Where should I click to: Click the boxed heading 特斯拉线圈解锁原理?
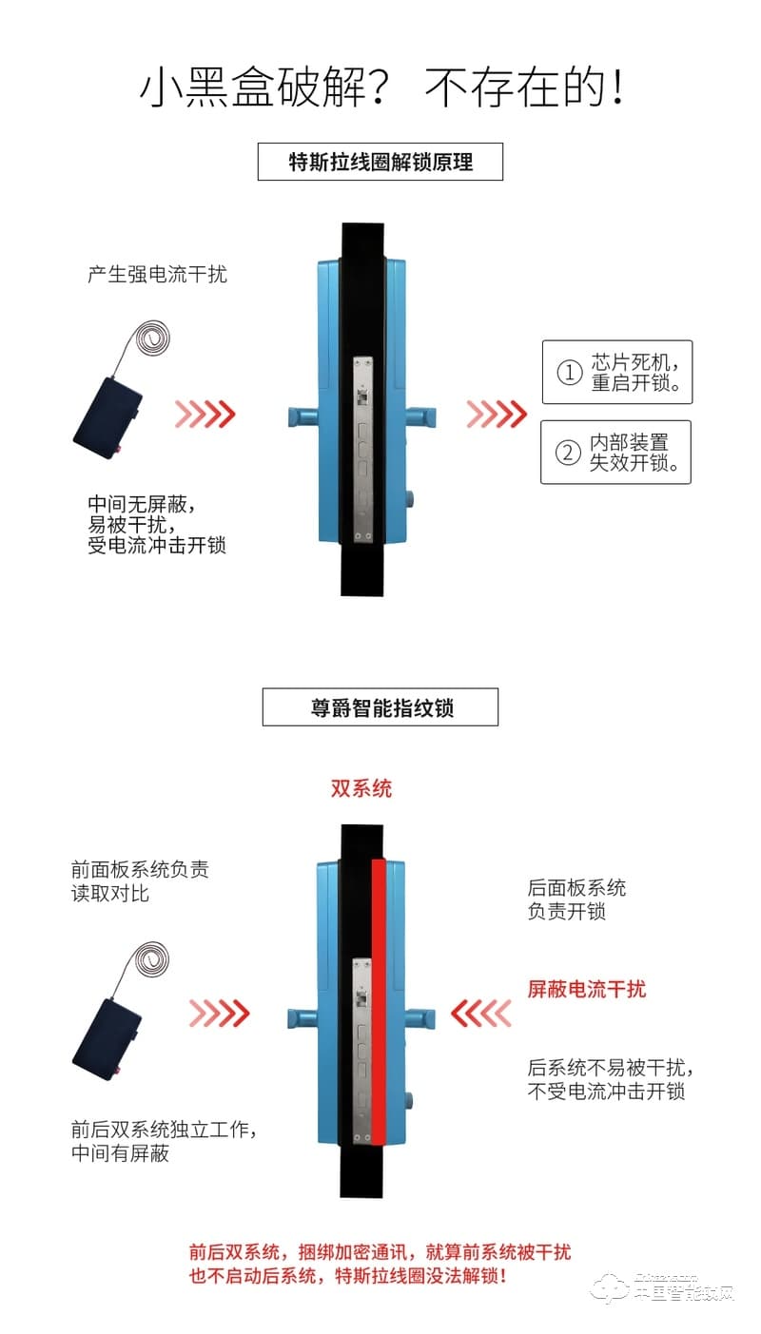pos(380,162)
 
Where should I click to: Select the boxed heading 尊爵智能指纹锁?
pos(380,708)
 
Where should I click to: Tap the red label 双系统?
pos(361,788)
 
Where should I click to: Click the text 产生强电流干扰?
pos(158,275)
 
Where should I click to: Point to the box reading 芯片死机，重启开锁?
pos(616,372)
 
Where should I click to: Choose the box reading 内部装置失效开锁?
pos(615,452)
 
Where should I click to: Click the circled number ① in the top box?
pos(568,373)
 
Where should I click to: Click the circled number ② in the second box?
pos(567,453)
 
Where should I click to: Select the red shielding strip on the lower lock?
pos(378,998)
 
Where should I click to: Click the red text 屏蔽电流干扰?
pos(587,989)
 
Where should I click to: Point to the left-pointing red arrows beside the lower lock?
pos(480,1014)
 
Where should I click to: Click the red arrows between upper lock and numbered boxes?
pos(497,414)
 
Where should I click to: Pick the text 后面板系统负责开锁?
pos(577,899)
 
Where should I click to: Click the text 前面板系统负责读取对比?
pos(140,881)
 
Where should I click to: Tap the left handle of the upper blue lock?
pos(302,416)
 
